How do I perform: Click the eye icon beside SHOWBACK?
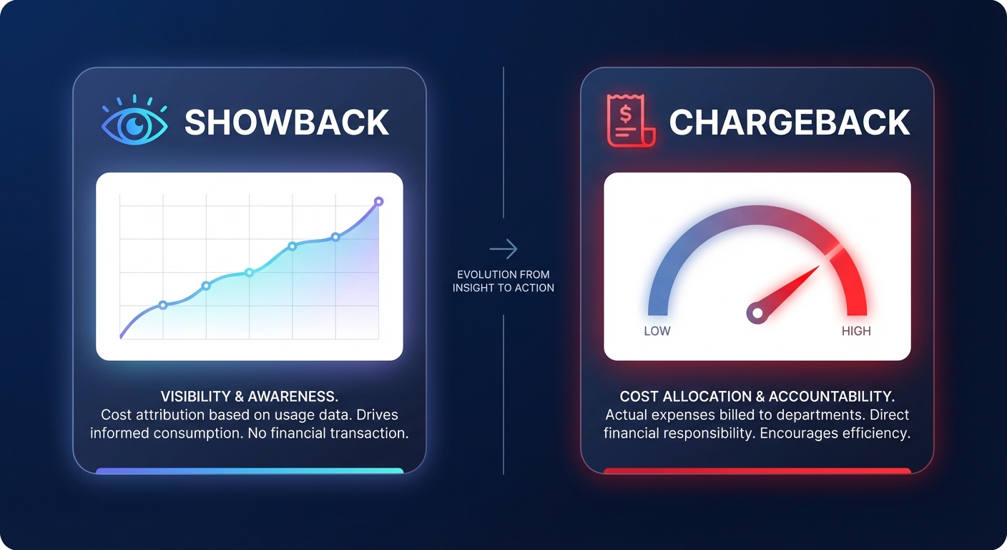click(x=135, y=123)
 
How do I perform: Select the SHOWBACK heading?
click(x=287, y=122)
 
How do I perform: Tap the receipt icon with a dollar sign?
click(x=627, y=120)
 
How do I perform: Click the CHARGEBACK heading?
click(x=790, y=122)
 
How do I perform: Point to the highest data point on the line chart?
click(x=379, y=201)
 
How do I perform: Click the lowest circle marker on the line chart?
click(x=163, y=305)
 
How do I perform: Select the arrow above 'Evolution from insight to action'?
click(x=503, y=249)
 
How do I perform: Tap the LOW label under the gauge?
click(x=657, y=331)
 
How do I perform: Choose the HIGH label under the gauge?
click(x=856, y=331)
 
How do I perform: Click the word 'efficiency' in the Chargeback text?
click(x=880, y=433)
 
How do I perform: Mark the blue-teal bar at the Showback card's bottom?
click(x=250, y=471)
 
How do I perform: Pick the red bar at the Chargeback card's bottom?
click(x=757, y=471)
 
